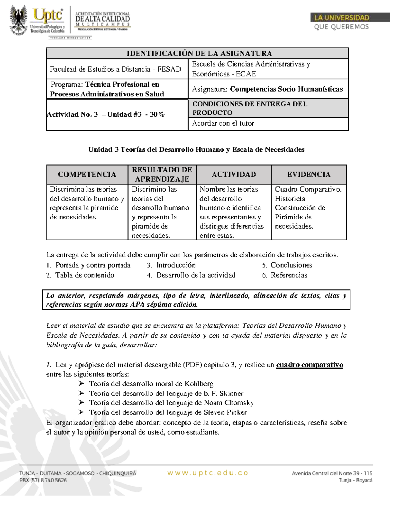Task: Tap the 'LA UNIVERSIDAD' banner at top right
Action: (x=342, y=18)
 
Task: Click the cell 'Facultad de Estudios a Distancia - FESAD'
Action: (x=115, y=69)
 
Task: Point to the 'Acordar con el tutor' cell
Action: (x=223, y=123)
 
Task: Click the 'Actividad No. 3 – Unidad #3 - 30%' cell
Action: (x=105, y=114)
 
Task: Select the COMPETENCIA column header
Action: (x=87, y=174)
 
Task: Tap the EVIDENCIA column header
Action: (x=309, y=174)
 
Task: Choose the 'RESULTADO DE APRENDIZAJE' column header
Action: (x=162, y=174)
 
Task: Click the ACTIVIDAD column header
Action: (x=234, y=174)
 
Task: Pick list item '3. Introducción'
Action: (x=171, y=265)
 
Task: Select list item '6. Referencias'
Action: (x=285, y=275)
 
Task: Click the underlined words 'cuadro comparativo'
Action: (x=309, y=365)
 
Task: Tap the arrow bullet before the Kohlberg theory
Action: (x=81, y=384)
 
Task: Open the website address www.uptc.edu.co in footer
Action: (x=208, y=473)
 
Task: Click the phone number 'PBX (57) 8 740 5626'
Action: (x=43, y=480)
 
